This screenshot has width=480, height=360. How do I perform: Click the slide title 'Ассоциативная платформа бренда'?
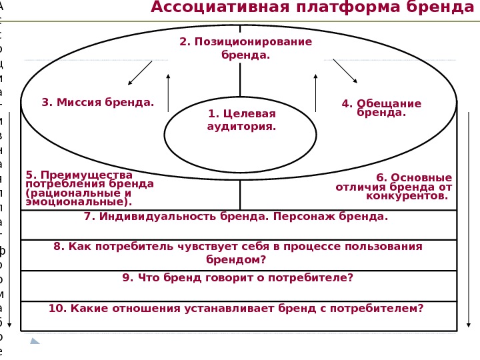[x=312, y=8]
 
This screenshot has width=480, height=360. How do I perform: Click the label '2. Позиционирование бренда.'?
[x=245, y=48]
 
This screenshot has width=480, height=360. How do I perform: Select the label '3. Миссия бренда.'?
[x=97, y=103]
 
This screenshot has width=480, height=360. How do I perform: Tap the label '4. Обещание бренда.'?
[x=381, y=108]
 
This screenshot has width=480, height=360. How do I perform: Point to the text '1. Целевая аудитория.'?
[x=241, y=120]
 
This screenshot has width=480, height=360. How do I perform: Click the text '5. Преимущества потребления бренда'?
[x=89, y=188]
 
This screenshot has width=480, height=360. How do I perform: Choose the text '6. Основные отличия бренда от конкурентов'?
[x=394, y=187]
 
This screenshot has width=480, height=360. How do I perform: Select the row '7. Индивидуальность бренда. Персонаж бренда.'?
[x=236, y=217]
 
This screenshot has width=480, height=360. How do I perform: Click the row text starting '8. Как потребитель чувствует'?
[x=238, y=253]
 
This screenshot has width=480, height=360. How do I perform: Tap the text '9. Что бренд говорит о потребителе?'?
[x=237, y=278]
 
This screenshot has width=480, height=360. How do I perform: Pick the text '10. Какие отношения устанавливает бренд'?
[x=236, y=308]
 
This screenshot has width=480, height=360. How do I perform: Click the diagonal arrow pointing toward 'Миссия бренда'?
[x=139, y=73]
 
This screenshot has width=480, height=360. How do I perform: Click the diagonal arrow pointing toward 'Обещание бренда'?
[x=345, y=71]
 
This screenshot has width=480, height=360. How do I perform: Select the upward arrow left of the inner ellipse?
[x=168, y=92]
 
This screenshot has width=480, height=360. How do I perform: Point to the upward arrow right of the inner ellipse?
[x=315, y=92]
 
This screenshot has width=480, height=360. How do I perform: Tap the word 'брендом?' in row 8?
[x=236, y=259]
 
